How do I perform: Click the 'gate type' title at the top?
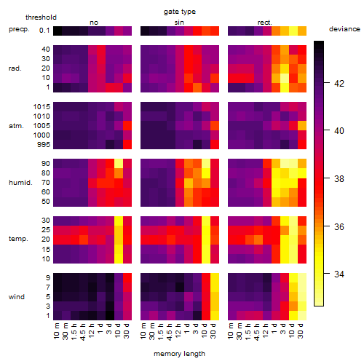tap(180, 12)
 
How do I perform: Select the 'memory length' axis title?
tap(180, 354)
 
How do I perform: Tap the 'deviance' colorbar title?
tap(344, 29)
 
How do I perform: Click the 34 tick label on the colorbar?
tap(339, 274)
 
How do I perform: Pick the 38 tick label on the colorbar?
tap(339, 179)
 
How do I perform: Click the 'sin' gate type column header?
tap(179, 23)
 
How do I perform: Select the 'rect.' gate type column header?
tap(265, 23)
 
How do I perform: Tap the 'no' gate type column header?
tap(94, 23)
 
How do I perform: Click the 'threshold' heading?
tap(41, 17)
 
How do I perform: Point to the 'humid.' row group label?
tap(20, 183)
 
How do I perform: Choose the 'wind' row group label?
tap(17, 297)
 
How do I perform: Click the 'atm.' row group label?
tap(16, 126)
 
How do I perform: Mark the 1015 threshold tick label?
tap(41, 107)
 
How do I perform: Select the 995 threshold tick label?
tap(44, 145)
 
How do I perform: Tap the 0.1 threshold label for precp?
tap(44, 31)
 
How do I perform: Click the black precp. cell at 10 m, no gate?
tap(58, 31)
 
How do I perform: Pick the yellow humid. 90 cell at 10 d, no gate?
tap(119, 164)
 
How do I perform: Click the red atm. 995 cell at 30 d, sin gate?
tap(215, 145)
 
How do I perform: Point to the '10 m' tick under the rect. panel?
tap(231, 331)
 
